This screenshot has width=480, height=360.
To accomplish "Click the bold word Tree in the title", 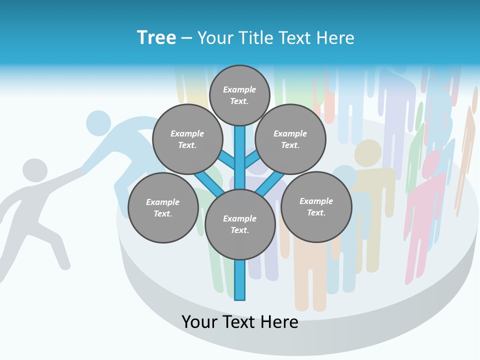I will click(156, 38).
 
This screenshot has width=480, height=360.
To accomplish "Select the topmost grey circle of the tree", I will click(239, 95).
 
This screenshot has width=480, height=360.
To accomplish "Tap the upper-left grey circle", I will click(187, 139).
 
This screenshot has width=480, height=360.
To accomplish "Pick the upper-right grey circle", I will click(290, 139).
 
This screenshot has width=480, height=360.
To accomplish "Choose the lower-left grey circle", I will click(163, 207).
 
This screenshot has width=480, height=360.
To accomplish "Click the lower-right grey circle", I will click(316, 206).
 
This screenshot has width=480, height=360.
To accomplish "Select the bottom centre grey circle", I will click(240, 224).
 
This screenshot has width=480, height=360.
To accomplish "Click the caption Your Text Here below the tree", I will click(240, 322).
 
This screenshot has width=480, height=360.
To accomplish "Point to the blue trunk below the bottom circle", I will click(240, 280).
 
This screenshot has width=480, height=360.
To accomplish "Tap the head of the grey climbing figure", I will click(34, 170).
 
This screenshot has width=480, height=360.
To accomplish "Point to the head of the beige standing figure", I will click(368, 152).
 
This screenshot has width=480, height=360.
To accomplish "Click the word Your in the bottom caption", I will click(199, 322).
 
